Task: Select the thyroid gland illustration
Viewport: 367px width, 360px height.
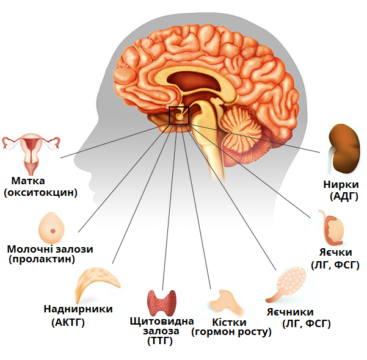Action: point(162,302)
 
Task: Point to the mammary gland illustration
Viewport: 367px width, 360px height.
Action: point(52,228)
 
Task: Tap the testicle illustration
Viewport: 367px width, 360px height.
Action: point(332,228)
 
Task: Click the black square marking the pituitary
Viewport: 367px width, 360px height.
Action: point(179,115)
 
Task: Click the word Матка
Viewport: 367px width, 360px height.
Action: point(28,181)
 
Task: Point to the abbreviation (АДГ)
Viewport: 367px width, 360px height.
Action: point(343,196)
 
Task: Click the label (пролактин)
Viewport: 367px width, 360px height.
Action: point(42,260)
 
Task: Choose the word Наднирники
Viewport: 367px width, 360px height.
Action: point(78,309)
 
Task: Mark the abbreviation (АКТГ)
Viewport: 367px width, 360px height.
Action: point(69,321)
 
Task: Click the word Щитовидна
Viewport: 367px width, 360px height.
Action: point(162,321)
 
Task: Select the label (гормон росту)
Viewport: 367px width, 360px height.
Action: point(231,333)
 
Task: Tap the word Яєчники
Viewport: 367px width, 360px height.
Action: point(289,312)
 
